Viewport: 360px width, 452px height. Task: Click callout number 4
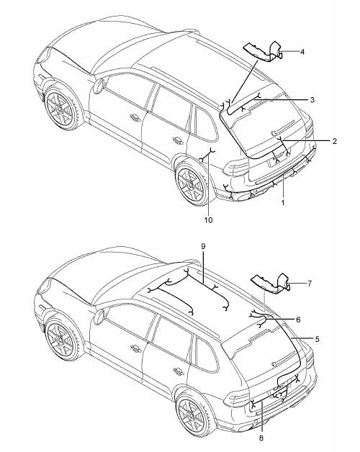(302, 52)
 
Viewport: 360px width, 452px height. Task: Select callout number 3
(312, 100)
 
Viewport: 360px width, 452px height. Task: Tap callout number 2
(334, 141)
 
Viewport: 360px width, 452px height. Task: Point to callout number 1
(283, 203)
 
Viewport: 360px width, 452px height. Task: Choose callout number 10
(208, 220)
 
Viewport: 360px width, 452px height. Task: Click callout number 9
(203, 246)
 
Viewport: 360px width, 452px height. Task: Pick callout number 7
(309, 284)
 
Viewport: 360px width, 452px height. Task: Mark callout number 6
(298, 320)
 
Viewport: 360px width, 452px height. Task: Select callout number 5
(317, 339)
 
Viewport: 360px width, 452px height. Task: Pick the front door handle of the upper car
(135, 117)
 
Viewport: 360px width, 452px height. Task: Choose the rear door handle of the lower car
(178, 371)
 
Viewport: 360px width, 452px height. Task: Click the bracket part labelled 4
(263, 52)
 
